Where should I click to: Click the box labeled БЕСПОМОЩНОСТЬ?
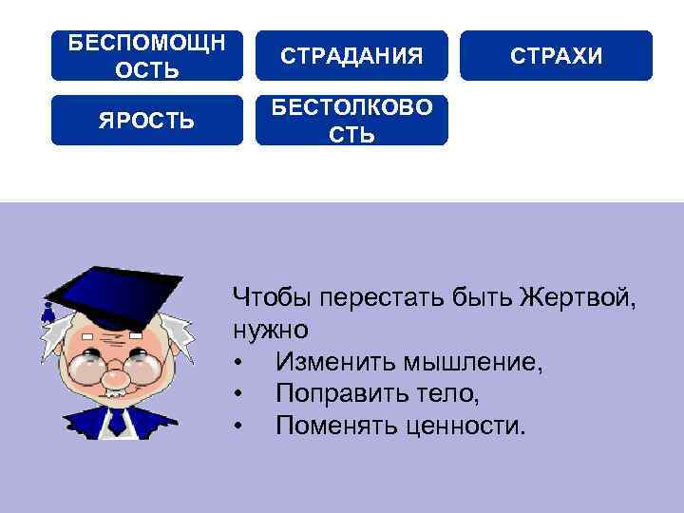146,55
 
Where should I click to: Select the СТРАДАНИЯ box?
351,55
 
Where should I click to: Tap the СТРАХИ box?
556,55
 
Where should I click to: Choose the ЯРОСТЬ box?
146,121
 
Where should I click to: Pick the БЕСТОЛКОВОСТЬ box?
351,121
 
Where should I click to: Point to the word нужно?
270,332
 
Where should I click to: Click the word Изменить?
329,362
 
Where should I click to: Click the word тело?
430,392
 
